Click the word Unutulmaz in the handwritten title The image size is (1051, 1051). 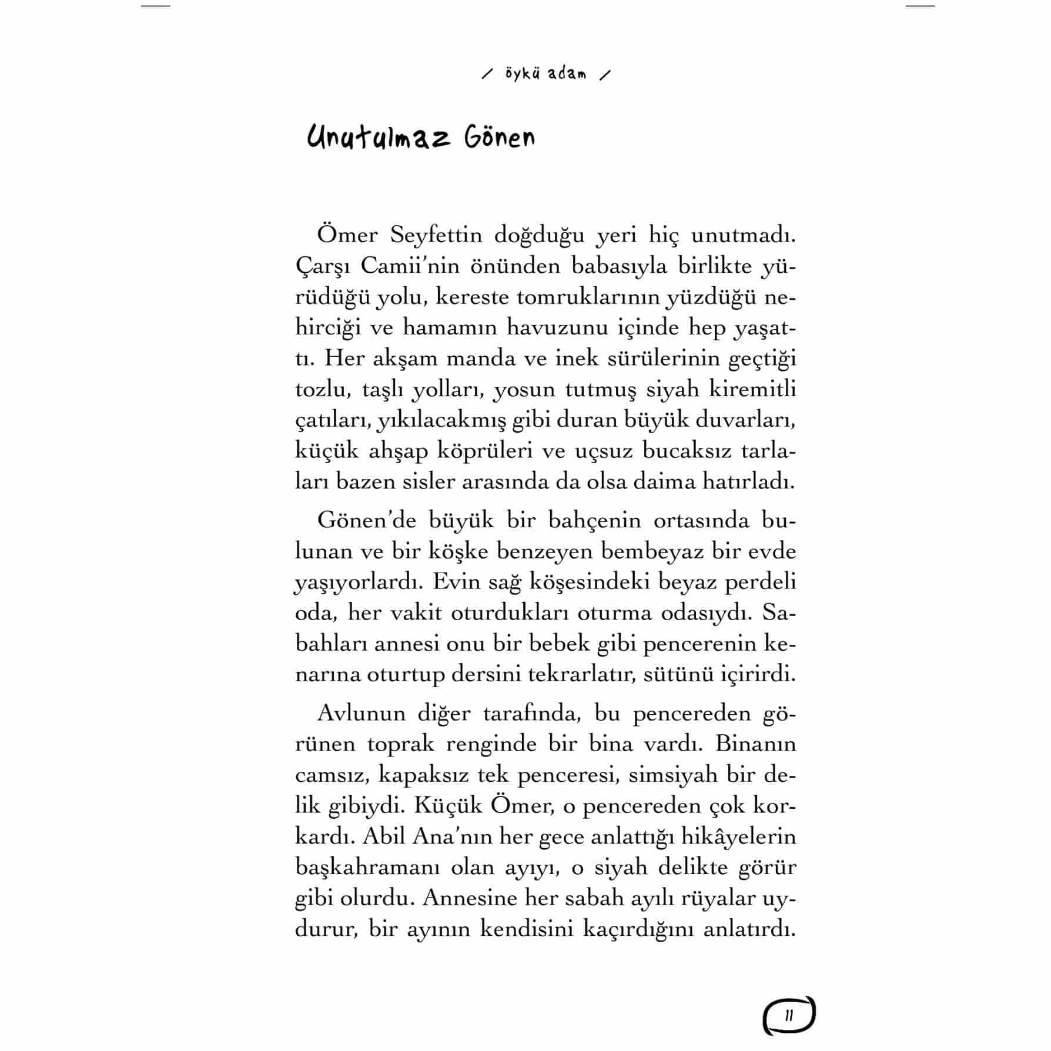coord(379,139)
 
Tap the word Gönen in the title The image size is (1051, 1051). coord(500,139)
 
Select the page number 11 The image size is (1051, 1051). coord(789,1015)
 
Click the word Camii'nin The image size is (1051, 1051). coord(410,266)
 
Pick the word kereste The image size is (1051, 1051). coord(473,297)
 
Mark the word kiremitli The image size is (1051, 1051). coord(752,389)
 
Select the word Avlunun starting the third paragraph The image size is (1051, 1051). coord(360,713)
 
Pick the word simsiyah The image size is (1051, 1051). coord(673,775)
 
